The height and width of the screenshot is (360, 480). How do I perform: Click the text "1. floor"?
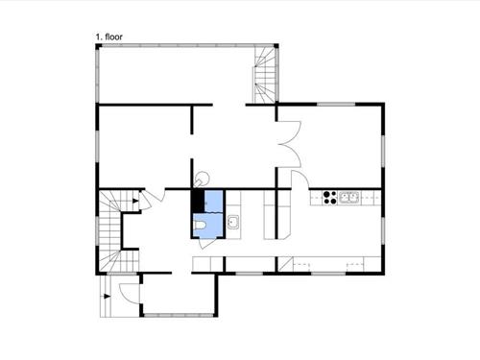[x=108, y=36]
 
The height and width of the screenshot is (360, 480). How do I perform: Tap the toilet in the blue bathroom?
[x=201, y=227]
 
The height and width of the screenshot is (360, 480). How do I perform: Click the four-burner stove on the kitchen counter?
[x=329, y=199]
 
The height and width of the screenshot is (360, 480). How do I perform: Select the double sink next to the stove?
[x=349, y=199]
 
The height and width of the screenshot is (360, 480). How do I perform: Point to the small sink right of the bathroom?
[x=233, y=223]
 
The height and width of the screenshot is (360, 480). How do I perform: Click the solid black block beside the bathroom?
[x=198, y=202]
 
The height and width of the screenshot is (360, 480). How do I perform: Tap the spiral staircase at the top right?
[x=264, y=75]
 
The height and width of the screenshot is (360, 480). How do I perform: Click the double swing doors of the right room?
[x=287, y=144]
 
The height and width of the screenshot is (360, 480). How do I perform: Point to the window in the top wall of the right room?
[x=331, y=104]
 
